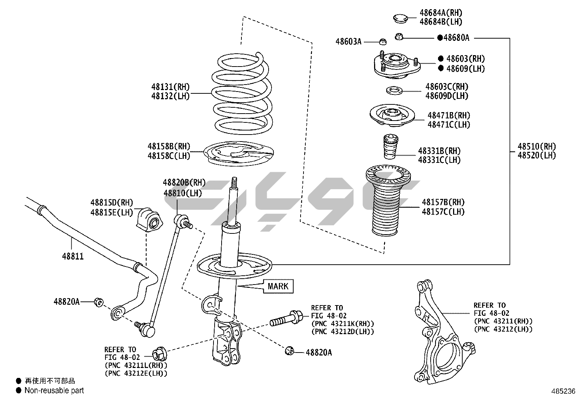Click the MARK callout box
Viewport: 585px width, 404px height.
pos(278,286)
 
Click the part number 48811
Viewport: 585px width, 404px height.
pos(73,256)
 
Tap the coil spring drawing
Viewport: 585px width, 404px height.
pos(242,96)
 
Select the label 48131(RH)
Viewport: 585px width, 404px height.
pos(171,87)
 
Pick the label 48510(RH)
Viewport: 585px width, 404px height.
pos(536,146)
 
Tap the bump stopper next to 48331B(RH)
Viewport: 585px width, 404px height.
pos(390,147)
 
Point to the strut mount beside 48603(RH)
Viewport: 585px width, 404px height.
pos(396,66)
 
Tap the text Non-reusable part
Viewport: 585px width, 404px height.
pos(54,390)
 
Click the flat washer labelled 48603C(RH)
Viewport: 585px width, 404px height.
pos(394,90)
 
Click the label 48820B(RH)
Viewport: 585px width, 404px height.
pos(184,183)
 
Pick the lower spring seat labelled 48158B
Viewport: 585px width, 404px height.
pos(239,154)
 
